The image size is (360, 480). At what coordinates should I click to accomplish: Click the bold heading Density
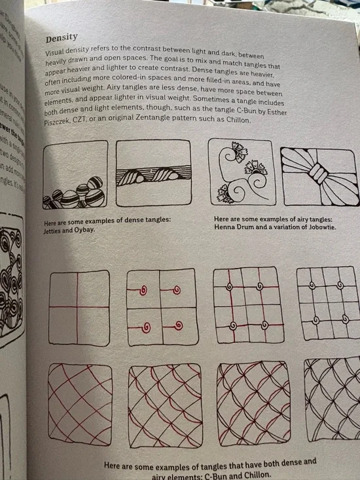click(61, 38)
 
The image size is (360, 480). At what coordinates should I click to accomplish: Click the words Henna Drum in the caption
click(236, 227)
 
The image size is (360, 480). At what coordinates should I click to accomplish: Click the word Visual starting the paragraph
click(57, 52)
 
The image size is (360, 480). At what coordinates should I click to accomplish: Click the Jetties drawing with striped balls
click(75, 174)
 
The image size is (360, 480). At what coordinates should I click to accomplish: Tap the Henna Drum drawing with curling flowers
click(240, 172)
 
